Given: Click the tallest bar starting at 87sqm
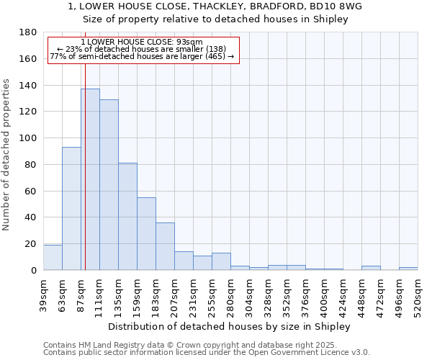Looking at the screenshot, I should [90, 179].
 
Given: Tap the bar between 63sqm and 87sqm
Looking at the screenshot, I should [71, 209].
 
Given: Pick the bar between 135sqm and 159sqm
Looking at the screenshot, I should [127, 216].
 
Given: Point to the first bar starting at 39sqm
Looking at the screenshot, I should [53, 258].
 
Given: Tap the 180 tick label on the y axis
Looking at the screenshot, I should [29, 32].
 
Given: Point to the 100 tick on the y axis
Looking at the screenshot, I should [29, 138].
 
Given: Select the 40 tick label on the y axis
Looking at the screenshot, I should [32, 217].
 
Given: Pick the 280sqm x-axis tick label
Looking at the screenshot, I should [230, 296].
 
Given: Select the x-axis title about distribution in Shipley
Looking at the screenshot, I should [230, 326].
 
